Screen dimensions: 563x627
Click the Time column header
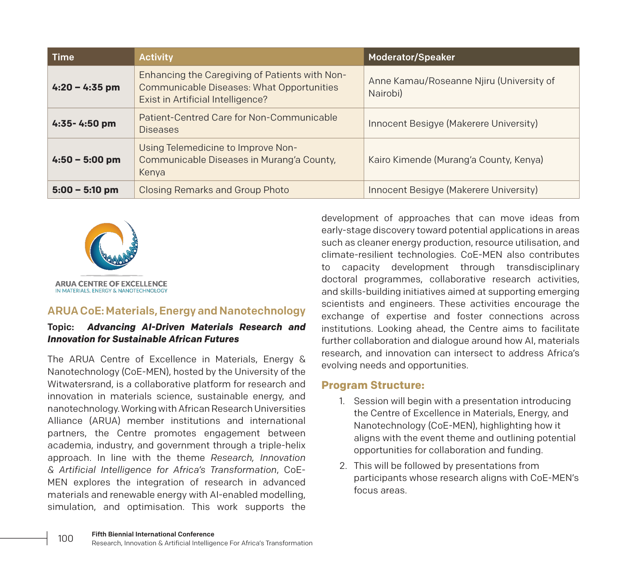pyautogui.click(x=63, y=57)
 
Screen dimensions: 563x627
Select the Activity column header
pyautogui.click(x=156, y=57)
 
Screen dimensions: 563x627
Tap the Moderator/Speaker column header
pyautogui.click(x=412, y=57)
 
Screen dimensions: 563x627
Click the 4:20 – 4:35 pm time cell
pyautogui.click(x=86, y=87)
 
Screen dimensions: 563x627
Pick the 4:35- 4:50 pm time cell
pyautogui.click(x=84, y=123)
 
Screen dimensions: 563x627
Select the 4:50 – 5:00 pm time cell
pyautogui.click(x=86, y=160)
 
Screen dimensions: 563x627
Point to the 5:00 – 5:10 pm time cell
pyautogui.click(x=85, y=190)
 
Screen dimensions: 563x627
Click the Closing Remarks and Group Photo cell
pyautogui.click(x=214, y=190)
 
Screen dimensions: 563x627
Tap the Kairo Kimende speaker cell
pyautogui.click(x=455, y=160)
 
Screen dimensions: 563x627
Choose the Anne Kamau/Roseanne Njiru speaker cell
pyautogui.click(x=461, y=87)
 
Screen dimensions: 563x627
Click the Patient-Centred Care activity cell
pyautogui.click(x=238, y=123)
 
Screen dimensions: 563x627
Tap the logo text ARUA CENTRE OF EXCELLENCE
pyautogui.click(x=111, y=284)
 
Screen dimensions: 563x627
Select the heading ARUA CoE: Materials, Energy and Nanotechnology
pyautogui.click(x=176, y=311)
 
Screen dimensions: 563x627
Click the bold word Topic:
pyautogui.click(x=61, y=327)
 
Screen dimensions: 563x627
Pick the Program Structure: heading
pyautogui.click(x=373, y=385)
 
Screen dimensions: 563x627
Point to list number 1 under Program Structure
pyautogui.click(x=342, y=401)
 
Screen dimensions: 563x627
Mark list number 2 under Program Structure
pyautogui.click(x=343, y=466)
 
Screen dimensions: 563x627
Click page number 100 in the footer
pyautogui.click(x=66, y=538)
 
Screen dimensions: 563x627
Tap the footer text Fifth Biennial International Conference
pyautogui.click(x=153, y=534)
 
